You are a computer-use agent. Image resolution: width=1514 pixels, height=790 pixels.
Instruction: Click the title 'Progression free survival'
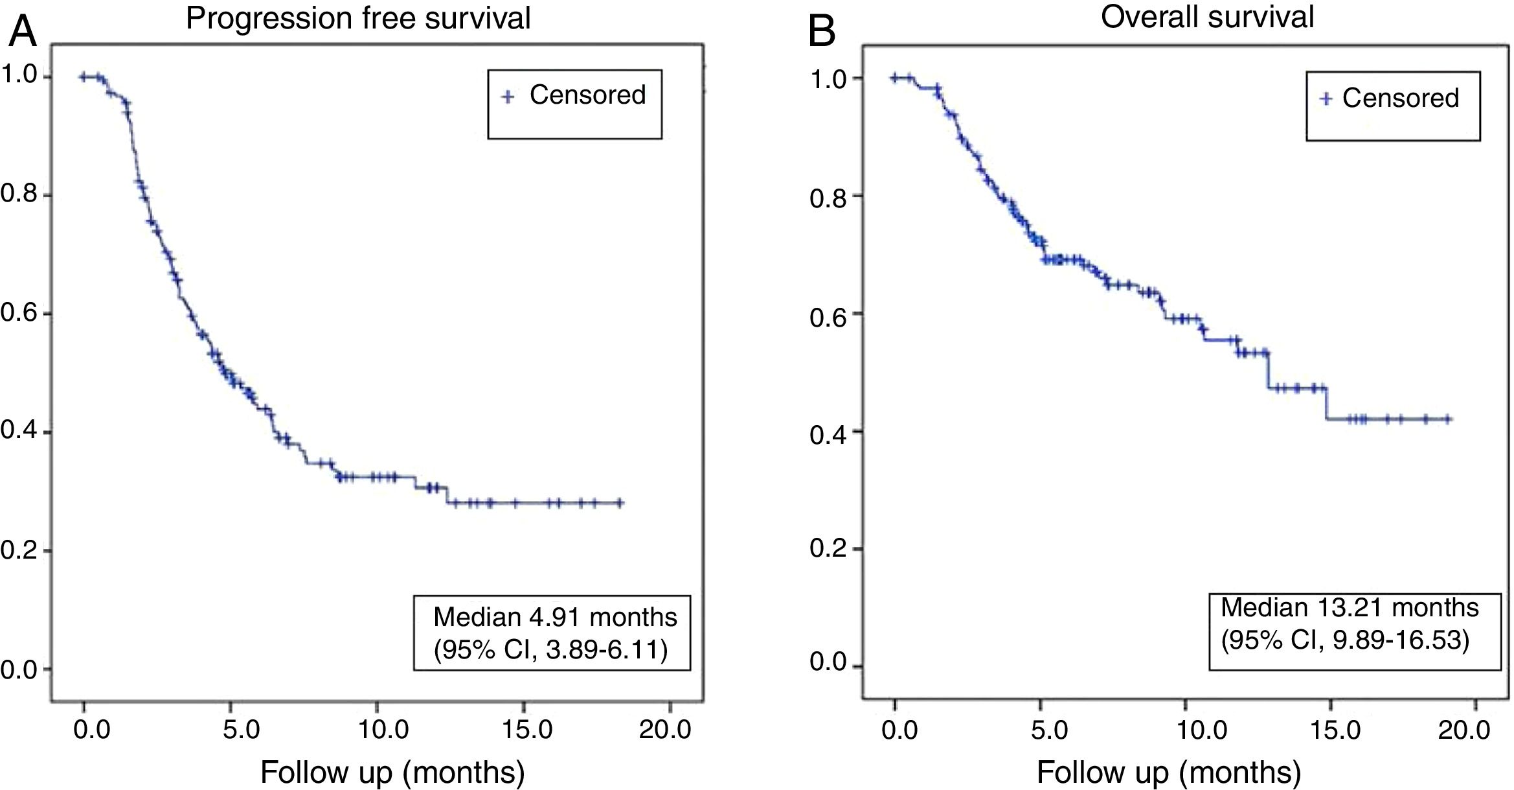click(x=358, y=18)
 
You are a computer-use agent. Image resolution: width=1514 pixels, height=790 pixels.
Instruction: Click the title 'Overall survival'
click(x=1207, y=17)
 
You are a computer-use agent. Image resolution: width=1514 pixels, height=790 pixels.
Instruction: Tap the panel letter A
click(x=22, y=31)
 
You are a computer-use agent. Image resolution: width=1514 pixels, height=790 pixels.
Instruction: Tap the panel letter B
click(x=822, y=31)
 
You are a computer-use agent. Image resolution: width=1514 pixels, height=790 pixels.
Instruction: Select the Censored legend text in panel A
click(x=587, y=95)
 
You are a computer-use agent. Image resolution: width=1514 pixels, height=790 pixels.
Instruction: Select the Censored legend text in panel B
click(x=1400, y=99)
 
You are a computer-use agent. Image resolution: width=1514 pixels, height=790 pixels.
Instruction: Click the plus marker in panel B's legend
click(x=1326, y=99)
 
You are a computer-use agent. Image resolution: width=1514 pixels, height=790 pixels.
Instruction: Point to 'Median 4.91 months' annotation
click(x=555, y=617)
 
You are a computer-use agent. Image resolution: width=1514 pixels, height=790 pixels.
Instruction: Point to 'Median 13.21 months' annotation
click(x=1350, y=608)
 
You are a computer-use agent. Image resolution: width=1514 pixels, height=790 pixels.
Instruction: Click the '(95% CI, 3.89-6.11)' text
click(x=550, y=650)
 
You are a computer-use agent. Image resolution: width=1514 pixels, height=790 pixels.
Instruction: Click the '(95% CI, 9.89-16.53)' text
click(x=1345, y=641)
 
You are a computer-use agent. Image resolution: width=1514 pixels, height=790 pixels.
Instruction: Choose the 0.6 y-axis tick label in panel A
click(x=18, y=314)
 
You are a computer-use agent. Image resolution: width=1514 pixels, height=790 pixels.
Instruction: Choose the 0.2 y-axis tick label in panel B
click(x=828, y=548)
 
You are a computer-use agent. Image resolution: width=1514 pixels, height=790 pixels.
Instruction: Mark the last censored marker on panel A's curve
click(x=620, y=502)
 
